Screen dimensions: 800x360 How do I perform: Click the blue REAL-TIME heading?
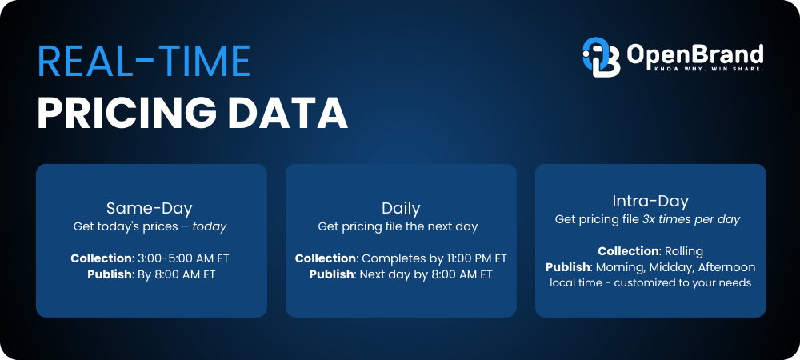click(144, 61)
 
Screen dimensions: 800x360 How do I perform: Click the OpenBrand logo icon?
click(601, 57)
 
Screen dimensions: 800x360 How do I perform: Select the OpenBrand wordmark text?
click(695, 54)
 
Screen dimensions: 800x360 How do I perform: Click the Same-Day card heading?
click(150, 208)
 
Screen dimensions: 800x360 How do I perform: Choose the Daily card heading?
click(401, 208)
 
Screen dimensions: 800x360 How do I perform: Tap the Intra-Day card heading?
click(650, 201)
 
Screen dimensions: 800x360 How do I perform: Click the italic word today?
click(209, 226)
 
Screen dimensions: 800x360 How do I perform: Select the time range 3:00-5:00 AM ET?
click(183, 258)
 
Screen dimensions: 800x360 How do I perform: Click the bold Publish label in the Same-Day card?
click(109, 274)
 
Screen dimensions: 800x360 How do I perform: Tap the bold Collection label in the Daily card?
click(326, 258)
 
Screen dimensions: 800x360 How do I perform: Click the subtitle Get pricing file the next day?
click(398, 226)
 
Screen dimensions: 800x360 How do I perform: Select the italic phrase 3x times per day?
click(691, 219)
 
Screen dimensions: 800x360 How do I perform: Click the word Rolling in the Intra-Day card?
click(680, 251)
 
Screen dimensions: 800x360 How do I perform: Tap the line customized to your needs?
click(682, 282)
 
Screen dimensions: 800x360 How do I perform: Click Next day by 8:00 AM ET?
click(426, 274)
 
